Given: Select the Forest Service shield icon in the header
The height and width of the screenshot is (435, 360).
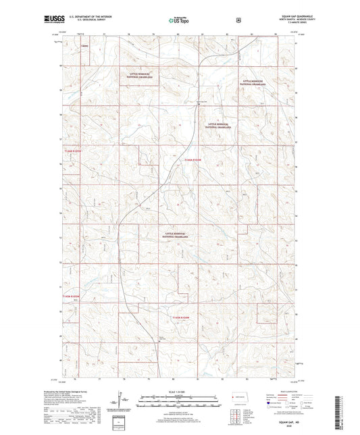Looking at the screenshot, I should (x=238, y=20).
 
